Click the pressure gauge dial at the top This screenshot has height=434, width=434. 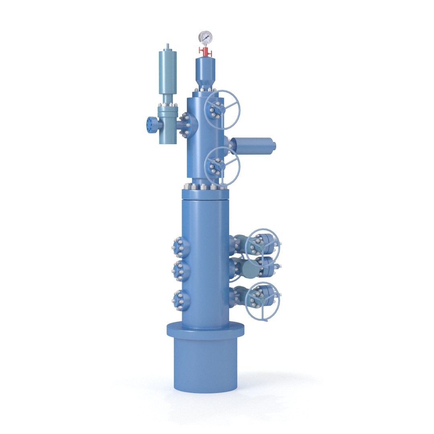click(205, 38)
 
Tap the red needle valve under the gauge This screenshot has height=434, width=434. click(205, 51)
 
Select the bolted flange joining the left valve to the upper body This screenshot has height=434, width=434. click(186, 125)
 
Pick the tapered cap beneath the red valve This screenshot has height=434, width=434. click(205, 72)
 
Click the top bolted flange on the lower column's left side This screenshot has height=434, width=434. click(179, 247)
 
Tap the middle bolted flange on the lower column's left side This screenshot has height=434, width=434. click(179, 270)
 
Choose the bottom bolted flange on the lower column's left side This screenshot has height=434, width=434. click(179, 299)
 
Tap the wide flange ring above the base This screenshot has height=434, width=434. click(205, 330)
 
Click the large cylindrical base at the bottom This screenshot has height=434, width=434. click(205, 366)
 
